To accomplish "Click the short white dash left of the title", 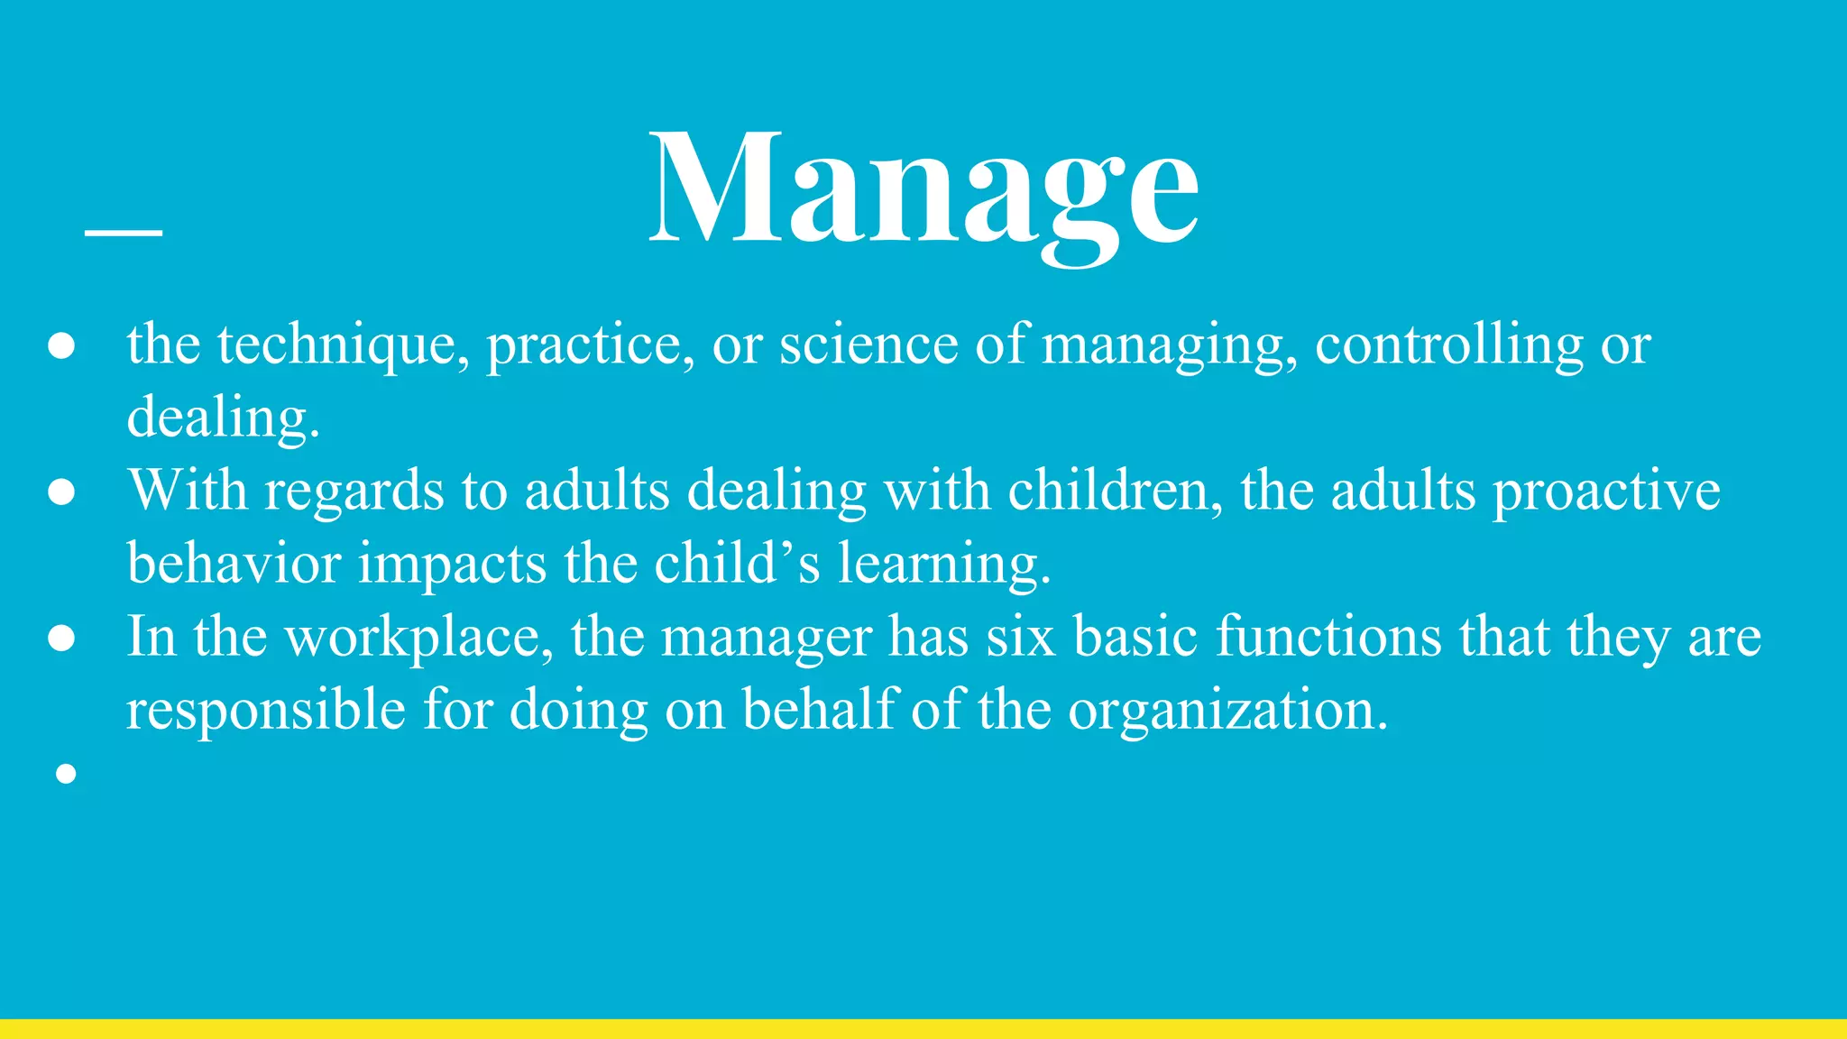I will click(x=124, y=233).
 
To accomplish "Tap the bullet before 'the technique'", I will click(x=61, y=347).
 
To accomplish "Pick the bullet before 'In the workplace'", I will click(x=61, y=639).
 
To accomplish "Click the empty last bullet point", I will click(x=65, y=773).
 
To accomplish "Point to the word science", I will click(x=868, y=345).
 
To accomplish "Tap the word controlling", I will click(x=1448, y=345).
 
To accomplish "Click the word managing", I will click(x=1169, y=347).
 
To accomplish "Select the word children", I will click(x=1115, y=492).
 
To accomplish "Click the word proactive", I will click(x=1606, y=493).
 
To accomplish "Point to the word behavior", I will click(x=234, y=564).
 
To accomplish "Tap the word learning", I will click(x=943, y=565).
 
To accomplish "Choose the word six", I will click(x=1020, y=637).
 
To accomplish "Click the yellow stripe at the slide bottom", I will click(x=923, y=1028).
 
